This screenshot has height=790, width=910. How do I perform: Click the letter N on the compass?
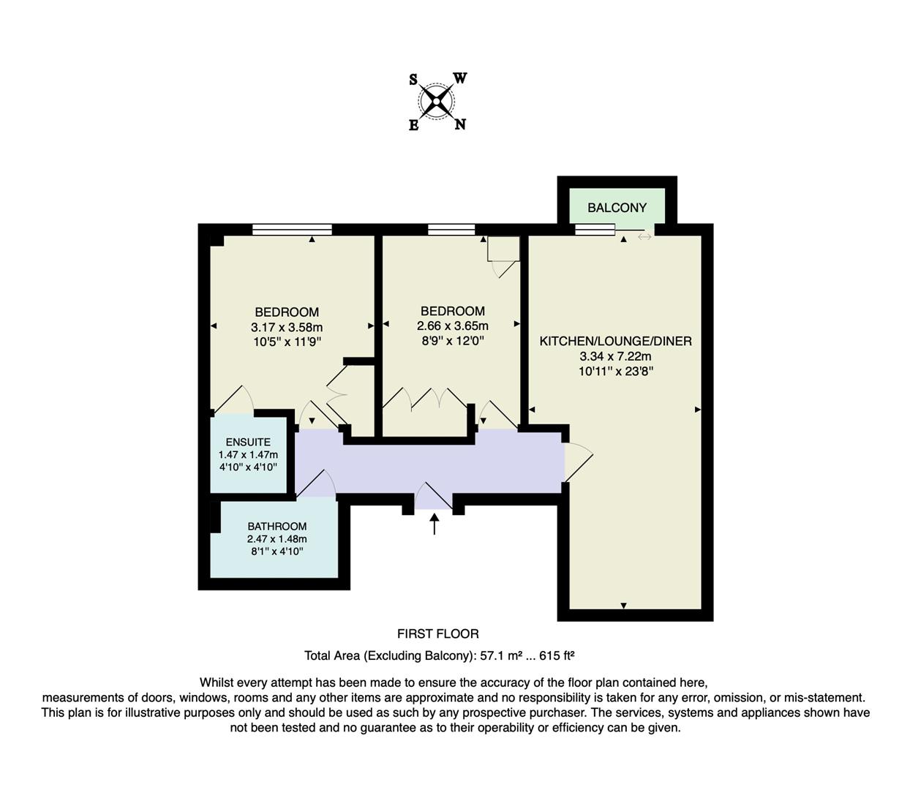[x=460, y=124]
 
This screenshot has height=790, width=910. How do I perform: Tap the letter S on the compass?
[x=413, y=80]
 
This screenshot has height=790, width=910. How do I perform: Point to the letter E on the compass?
[x=413, y=125]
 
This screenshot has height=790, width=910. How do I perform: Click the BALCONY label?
[x=617, y=208]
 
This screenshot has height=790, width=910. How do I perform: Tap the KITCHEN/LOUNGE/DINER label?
[x=615, y=341]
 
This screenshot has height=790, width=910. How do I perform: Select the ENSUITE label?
[x=248, y=442]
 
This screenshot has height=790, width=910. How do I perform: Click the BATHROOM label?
[x=277, y=526]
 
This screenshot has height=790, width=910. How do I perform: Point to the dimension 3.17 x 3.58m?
[x=287, y=327]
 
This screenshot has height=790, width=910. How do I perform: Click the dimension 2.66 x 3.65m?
[x=452, y=326]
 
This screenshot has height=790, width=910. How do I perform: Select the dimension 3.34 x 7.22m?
[x=615, y=356]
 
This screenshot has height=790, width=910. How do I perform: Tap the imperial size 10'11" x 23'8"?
[x=615, y=371]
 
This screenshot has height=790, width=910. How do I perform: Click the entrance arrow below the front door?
[x=435, y=524]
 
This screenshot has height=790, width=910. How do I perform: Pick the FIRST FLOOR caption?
[x=437, y=633]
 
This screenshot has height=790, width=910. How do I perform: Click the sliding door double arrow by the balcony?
[x=644, y=236]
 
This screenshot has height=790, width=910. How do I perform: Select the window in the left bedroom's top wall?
[x=292, y=230]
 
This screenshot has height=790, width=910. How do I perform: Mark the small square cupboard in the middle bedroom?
[x=504, y=249]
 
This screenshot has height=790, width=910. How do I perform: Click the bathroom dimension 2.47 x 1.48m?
[x=277, y=539]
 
